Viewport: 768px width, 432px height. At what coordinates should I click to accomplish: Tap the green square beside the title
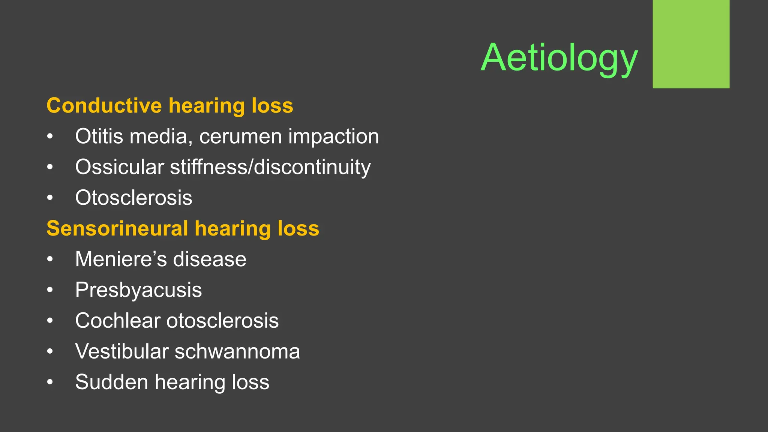point(691,44)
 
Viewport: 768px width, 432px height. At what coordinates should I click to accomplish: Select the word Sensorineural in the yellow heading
point(117,228)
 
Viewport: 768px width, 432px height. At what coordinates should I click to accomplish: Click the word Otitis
point(99,136)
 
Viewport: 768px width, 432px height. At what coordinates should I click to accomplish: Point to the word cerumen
point(240,136)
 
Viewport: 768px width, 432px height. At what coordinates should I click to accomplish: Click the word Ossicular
point(119,167)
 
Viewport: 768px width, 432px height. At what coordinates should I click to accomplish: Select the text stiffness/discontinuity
point(270,167)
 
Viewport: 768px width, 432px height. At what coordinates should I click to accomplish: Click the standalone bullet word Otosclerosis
point(133,198)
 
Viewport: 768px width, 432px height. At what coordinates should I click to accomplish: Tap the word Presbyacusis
point(138,290)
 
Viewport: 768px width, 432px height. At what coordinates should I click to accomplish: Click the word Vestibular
point(122,351)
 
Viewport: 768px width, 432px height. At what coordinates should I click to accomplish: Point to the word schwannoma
point(237,351)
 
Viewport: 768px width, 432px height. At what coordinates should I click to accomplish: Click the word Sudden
point(112,382)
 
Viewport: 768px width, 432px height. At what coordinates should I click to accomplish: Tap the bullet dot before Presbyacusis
point(50,290)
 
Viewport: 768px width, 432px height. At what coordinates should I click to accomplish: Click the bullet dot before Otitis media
point(50,136)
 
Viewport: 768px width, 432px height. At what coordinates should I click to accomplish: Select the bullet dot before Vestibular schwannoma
point(50,352)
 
